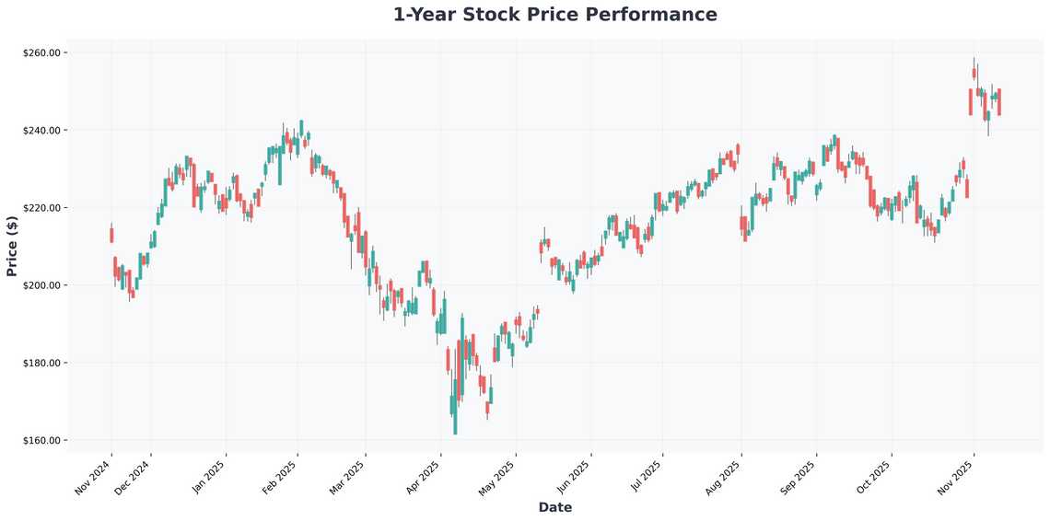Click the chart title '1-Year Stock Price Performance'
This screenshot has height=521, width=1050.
[554, 15]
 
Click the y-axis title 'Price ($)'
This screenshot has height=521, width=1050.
[12, 246]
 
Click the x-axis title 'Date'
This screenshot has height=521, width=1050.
[554, 507]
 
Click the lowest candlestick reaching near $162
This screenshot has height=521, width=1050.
[455, 405]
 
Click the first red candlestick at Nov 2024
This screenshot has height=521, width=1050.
[111, 235]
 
